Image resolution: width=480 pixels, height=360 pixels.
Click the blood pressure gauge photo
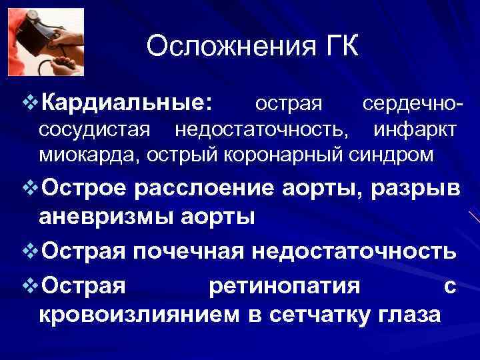pyautogui.click(x=46, y=42)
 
